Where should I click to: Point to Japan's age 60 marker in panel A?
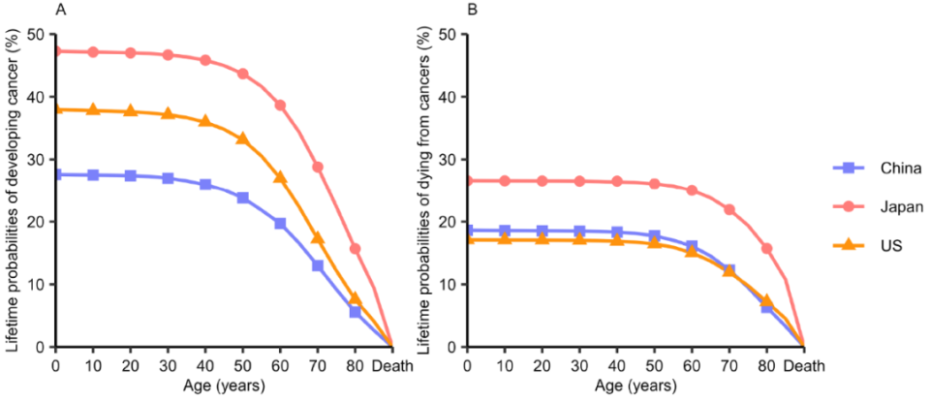[281, 106]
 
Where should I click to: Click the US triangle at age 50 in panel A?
[243, 139]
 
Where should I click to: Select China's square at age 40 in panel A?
[205, 184]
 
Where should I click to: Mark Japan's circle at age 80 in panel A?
[356, 249]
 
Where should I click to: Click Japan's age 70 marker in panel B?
[729, 209]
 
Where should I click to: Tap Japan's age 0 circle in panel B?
[468, 180]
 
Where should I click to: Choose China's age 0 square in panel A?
[55, 174]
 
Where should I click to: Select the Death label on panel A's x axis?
[390, 366]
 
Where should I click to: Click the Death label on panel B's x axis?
[803, 366]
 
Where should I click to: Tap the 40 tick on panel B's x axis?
[618, 366]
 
